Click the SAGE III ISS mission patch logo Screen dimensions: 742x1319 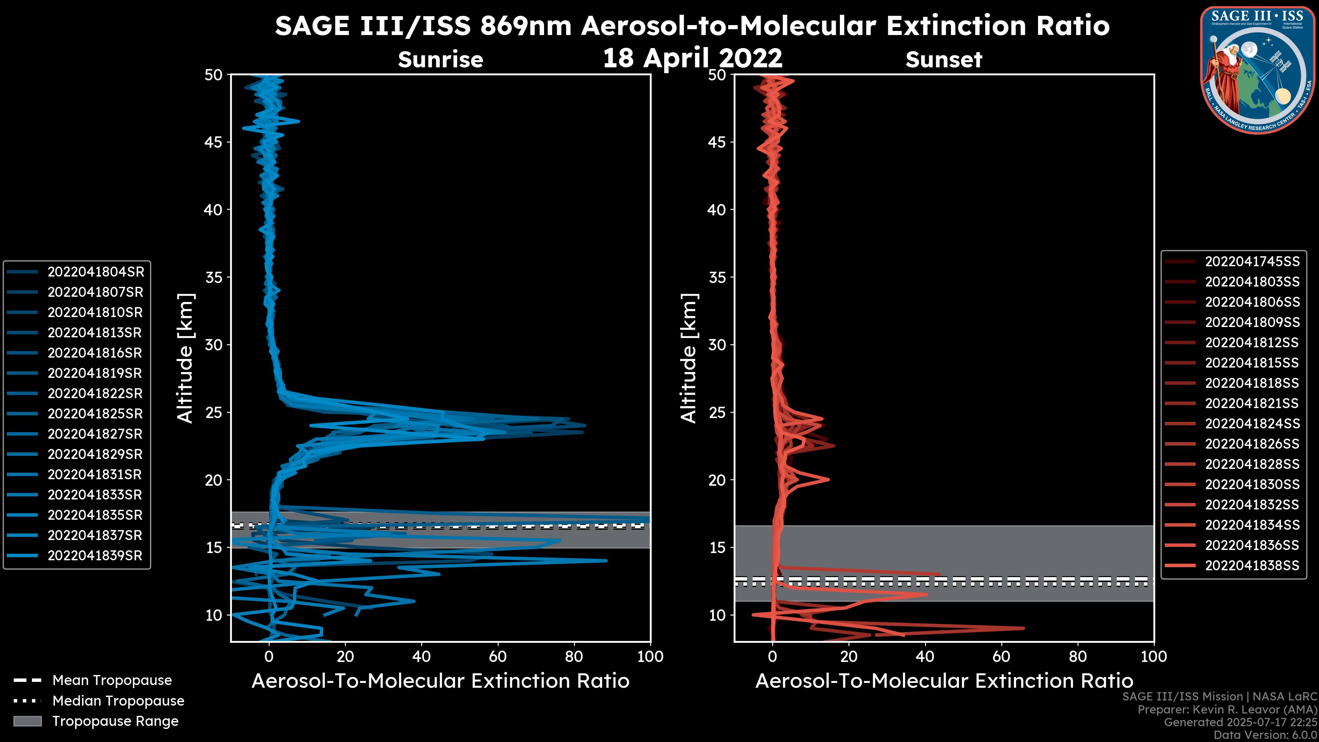point(1258,70)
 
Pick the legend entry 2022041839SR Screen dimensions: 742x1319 point(95,555)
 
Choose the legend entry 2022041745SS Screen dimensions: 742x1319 point(1252,262)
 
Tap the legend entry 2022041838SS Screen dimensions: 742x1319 point(1252,565)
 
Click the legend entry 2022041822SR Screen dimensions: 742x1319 point(95,393)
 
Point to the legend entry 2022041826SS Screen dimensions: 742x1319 point(1252,444)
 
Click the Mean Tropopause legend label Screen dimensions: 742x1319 point(112,681)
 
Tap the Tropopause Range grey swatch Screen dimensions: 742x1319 point(27,721)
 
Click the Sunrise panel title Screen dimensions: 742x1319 point(440,60)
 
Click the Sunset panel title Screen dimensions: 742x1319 point(944,60)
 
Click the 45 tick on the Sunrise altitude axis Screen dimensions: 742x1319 point(214,142)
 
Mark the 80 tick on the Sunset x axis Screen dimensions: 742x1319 point(1078,656)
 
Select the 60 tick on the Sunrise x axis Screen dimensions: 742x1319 point(498,656)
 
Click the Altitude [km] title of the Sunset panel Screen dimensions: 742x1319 point(689,358)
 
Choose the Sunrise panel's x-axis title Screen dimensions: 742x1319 point(440,681)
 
